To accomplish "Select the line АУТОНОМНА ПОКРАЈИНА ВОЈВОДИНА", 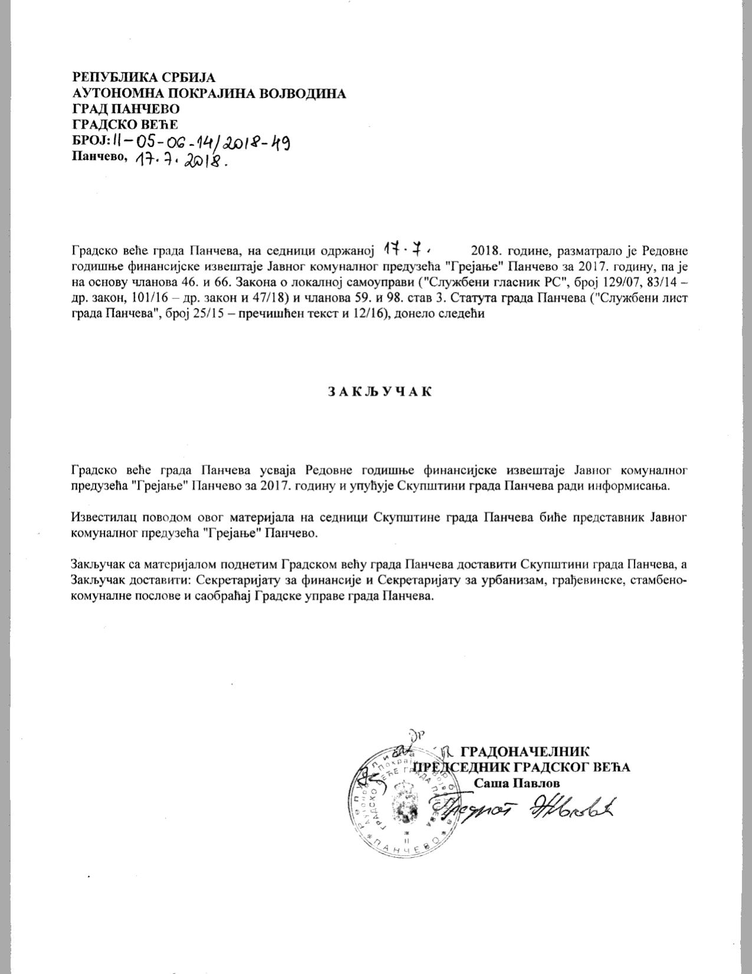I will [x=209, y=93].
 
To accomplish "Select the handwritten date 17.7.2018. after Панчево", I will [x=180, y=160].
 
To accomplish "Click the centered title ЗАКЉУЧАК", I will [x=379, y=391].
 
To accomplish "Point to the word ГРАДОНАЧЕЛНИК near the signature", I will [x=524, y=752].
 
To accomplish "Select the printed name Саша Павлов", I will [x=517, y=783].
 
